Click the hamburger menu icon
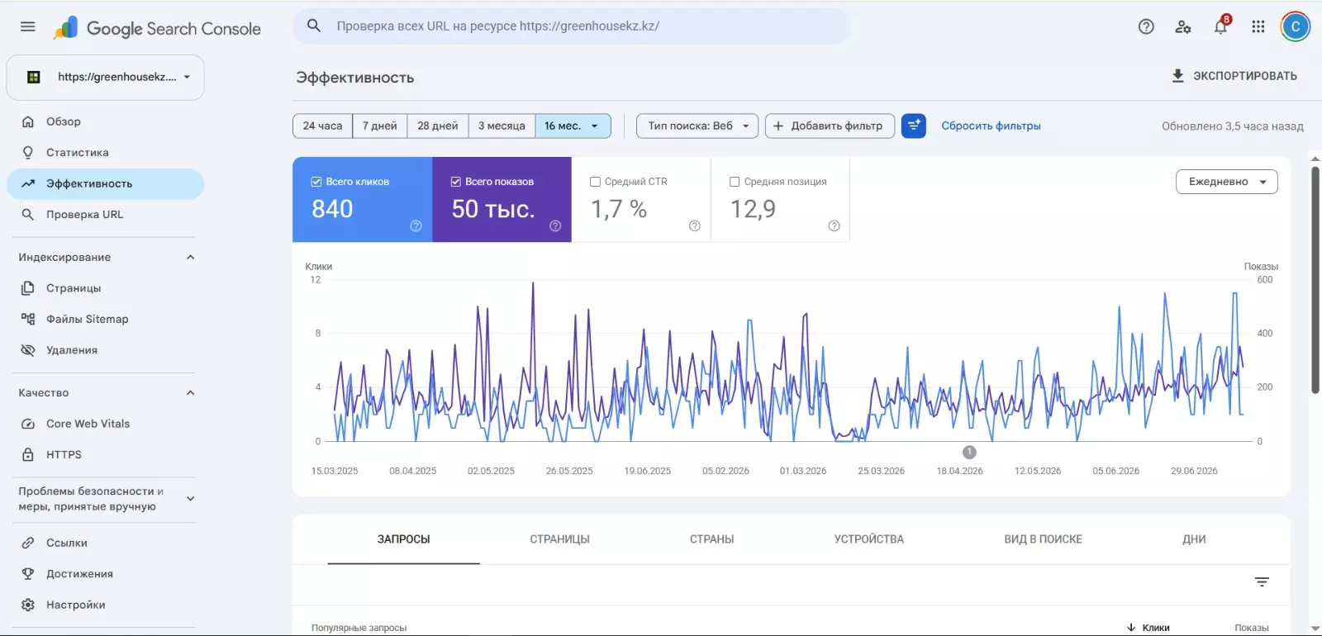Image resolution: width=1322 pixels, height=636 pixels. [28, 26]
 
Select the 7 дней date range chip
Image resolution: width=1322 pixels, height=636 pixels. [379, 126]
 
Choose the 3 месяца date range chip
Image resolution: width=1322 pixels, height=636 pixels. [501, 126]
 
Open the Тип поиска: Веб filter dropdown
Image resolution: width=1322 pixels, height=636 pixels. [697, 126]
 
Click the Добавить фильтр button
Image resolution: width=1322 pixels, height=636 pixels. [830, 126]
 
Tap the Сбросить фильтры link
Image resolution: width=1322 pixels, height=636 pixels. [991, 126]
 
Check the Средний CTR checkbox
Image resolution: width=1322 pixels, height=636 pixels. [595, 182]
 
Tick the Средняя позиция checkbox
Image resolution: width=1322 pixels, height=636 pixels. [735, 182]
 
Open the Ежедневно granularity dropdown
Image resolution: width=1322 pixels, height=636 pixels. [1226, 182]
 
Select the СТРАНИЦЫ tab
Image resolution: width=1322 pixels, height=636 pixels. [559, 539]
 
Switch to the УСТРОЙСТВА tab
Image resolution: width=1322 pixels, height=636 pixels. [868, 539]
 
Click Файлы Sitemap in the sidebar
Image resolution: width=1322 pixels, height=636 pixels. [88, 319]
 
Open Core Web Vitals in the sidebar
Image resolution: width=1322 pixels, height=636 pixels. [88, 424]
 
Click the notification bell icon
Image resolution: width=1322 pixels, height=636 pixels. [1220, 26]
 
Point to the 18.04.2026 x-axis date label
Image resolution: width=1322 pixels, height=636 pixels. [959, 471]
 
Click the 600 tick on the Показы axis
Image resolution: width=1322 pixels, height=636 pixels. [1265, 280]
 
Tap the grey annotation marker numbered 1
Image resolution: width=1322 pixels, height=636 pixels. [969, 453]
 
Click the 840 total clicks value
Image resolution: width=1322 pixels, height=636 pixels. [332, 209]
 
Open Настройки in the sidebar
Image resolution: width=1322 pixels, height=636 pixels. [75, 605]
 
